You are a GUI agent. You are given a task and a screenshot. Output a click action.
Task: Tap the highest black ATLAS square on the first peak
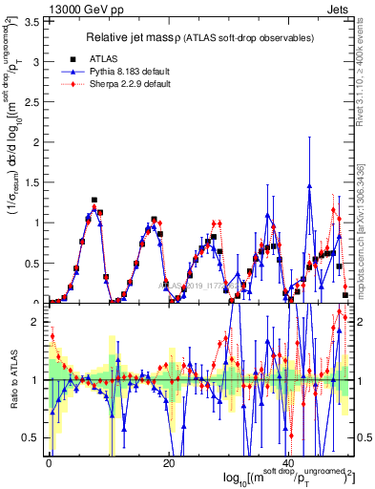(x=94, y=201)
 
